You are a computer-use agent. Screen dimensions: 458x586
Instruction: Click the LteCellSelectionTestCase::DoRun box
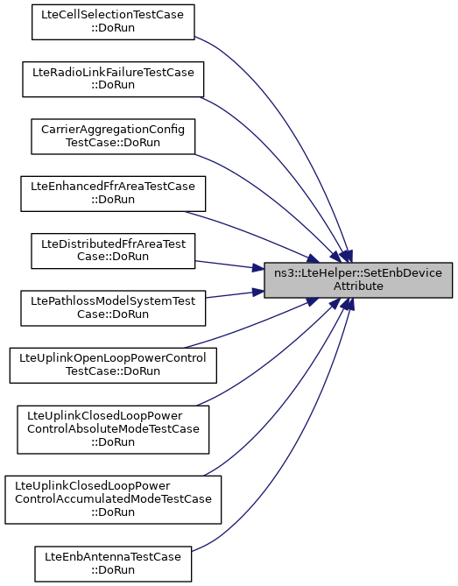pyautogui.click(x=113, y=22)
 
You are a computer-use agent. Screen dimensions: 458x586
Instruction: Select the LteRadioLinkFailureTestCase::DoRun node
pyautogui.click(x=113, y=79)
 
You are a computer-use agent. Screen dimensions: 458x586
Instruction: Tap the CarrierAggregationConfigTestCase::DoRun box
pyautogui.click(x=113, y=137)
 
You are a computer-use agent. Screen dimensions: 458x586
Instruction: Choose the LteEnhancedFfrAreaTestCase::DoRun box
pyautogui.click(x=113, y=194)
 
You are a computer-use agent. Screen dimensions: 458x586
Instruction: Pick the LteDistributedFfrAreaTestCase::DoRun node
pyautogui.click(x=113, y=251)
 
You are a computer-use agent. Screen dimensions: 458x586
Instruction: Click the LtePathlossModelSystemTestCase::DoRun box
pyautogui.click(x=113, y=308)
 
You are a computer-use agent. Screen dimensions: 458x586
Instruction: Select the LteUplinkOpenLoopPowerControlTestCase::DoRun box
pyautogui.click(x=113, y=365)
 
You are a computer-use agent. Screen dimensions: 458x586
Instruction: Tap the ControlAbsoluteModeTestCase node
pyautogui.click(x=113, y=429)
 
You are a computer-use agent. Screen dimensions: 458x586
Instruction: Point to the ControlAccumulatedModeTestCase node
pyautogui.click(x=113, y=499)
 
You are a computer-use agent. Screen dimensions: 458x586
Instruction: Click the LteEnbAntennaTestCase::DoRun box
pyautogui.click(x=113, y=564)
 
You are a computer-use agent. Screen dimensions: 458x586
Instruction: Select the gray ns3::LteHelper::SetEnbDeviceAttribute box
pyautogui.click(x=358, y=280)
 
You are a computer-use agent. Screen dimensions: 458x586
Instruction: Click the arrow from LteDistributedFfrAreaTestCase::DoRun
pyautogui.click(x=229, y=265)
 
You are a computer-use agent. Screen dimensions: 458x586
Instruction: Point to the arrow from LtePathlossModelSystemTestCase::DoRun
pyautogui.click(x=235, y=294)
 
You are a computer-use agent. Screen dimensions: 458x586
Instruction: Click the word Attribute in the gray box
pyautogui.click(x=358, y=286)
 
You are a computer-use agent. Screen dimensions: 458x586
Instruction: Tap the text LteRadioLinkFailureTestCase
pyautogui.click(x=113, y=72)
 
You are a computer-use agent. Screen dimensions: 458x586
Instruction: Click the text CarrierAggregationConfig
pyautogui.click(x=113, y=130)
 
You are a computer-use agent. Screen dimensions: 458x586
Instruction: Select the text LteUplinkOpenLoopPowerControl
pyautogui.click(x=113, y=358)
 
